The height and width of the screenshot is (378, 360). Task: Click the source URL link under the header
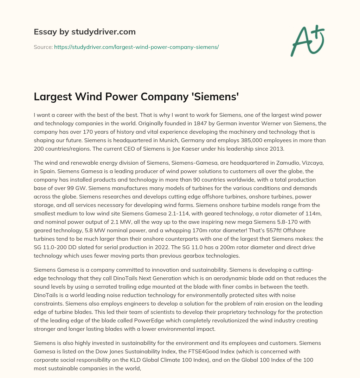pyautogui.click(x=136, y=47)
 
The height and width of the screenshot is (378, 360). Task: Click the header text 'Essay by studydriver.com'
pyautogui.click(x=84, y=32)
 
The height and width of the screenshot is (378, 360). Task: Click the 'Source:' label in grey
pyautogui.click(x=43, y=47)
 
